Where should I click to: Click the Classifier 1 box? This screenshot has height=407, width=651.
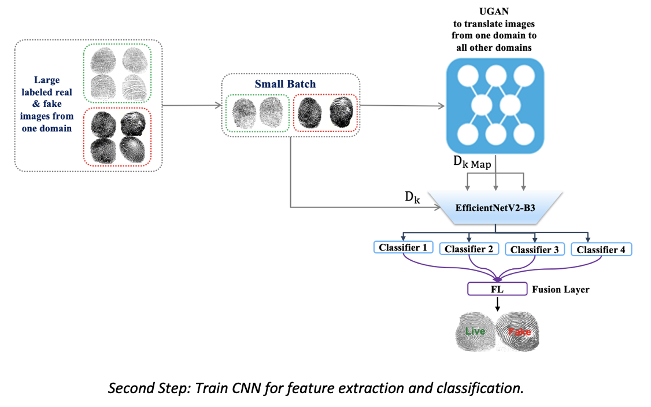tap(402, 247)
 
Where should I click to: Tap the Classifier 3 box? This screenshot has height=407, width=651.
tap(535, 250)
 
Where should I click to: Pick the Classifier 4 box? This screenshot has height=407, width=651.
tap(601, 250)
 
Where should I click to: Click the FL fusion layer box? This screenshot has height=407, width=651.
tap(494, 288)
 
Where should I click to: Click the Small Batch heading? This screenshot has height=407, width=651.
tap(286, 84)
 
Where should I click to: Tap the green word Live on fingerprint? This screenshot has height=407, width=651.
tap(475, 331)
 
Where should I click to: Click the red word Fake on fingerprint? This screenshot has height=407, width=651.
tap(519, 332)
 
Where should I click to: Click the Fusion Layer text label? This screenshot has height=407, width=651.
tap(560, 289)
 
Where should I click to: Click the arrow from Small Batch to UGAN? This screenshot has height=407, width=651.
tap(402, 105)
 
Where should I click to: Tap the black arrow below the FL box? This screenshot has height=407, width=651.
tap(497, 304)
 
